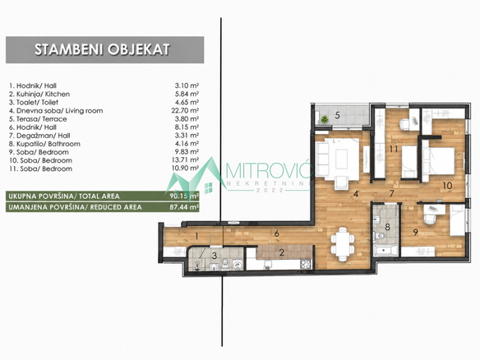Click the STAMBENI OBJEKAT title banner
(x=104, y=50)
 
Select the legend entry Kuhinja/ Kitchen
(x=39, y=94)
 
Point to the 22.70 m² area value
(x=185, y=110)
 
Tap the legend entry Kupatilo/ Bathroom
(x=44, y=144)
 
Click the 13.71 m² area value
(x=185, y=160)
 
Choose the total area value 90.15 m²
(x=184, y=196)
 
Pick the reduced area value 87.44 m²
(x=184, y=207)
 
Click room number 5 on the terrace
(x=337, y=115)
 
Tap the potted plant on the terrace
(x=324, y=119)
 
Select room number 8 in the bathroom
(x=388, y=227)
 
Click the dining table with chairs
(x=343, y=244)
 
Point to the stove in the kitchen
(x=306, y=264)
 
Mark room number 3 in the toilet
(x=215, y=255)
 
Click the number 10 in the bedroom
(x=447, y=186)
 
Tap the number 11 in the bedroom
(x=394, y=149)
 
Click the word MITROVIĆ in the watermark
(x=270, y=171)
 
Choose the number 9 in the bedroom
(x=415, y=233)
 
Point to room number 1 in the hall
(x=196, y=236)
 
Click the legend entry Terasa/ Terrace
(x=38, y=119)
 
